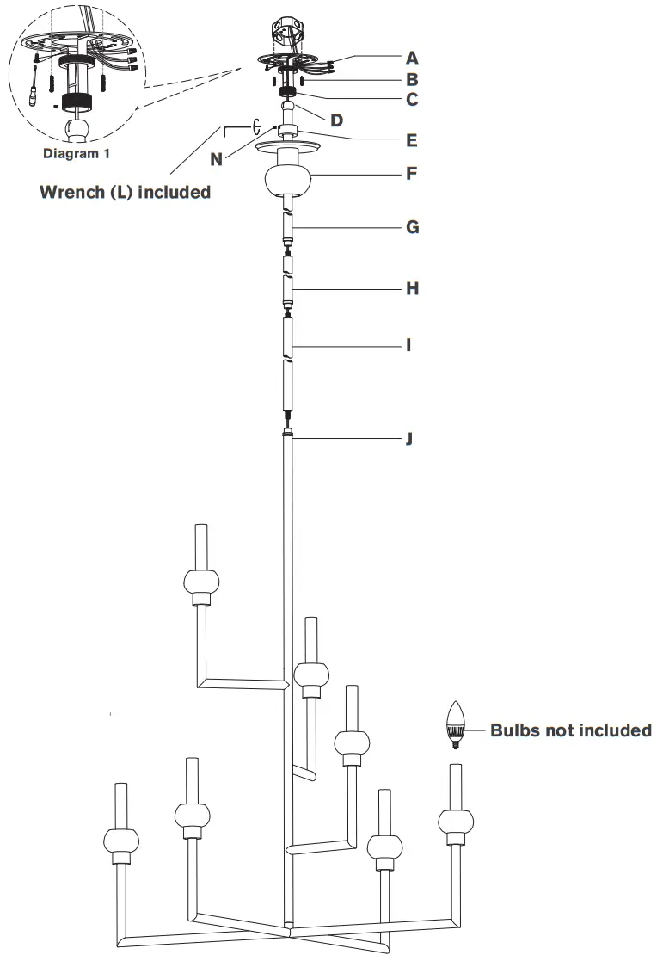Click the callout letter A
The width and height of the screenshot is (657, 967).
[413, 59]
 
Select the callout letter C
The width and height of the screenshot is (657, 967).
[413, 99]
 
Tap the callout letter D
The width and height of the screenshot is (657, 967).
[336, 120]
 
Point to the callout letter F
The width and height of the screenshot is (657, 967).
[413, 173]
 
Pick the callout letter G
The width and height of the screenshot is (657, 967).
[413, 227]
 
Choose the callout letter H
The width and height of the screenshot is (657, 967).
[413, 288]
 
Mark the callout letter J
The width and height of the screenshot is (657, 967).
[410, 439]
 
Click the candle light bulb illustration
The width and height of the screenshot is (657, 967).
[456, 726]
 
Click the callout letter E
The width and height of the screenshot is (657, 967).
[413, 139]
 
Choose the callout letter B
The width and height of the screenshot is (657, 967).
[413, 79]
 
